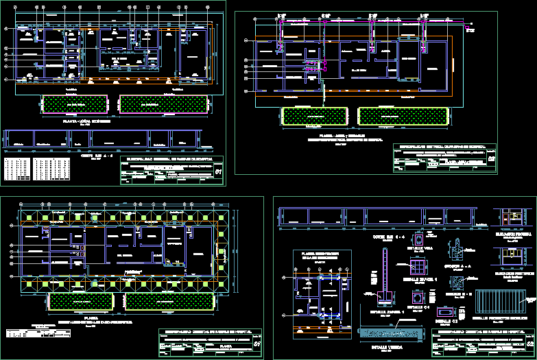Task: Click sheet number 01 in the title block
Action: pos(218,173)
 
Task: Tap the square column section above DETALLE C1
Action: pos(417,300)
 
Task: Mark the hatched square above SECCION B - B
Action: pos(457,283)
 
